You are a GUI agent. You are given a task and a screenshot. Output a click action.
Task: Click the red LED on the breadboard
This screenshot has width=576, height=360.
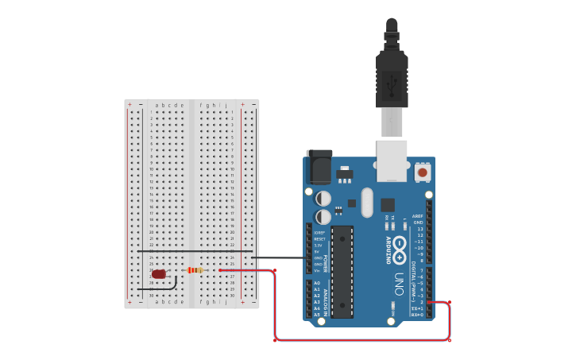click(x=159, y=274)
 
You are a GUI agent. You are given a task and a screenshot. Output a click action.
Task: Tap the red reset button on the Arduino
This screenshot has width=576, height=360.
click(x=422, y=172)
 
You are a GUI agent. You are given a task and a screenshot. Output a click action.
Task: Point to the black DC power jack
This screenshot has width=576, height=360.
click(x=319, y=168)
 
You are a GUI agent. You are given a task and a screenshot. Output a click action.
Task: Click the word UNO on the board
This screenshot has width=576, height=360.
click(x=399, y=284)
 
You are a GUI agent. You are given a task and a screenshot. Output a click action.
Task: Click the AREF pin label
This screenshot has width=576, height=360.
click(x=417, y=216)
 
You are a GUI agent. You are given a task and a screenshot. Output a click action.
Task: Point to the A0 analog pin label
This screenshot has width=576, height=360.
click(x=317, y=283)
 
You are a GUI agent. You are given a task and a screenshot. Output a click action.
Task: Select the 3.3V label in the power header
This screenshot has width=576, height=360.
click(x=319, y=246)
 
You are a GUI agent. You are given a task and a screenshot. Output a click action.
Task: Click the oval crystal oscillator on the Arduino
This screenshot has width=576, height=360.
click(x=366, y=202)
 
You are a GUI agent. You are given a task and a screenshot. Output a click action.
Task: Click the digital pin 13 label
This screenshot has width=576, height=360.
click(x=419, y=229)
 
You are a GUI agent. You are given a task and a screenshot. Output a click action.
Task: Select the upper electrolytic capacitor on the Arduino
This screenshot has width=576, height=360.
click(x=324, y=198)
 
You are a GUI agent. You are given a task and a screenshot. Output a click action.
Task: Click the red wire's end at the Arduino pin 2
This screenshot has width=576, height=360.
click(x=431, y=302)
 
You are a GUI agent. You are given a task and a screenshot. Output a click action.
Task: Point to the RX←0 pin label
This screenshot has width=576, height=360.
click(x=417, y=315)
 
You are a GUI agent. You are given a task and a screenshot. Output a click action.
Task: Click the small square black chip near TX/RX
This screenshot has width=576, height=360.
click(x=387, y=204)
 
